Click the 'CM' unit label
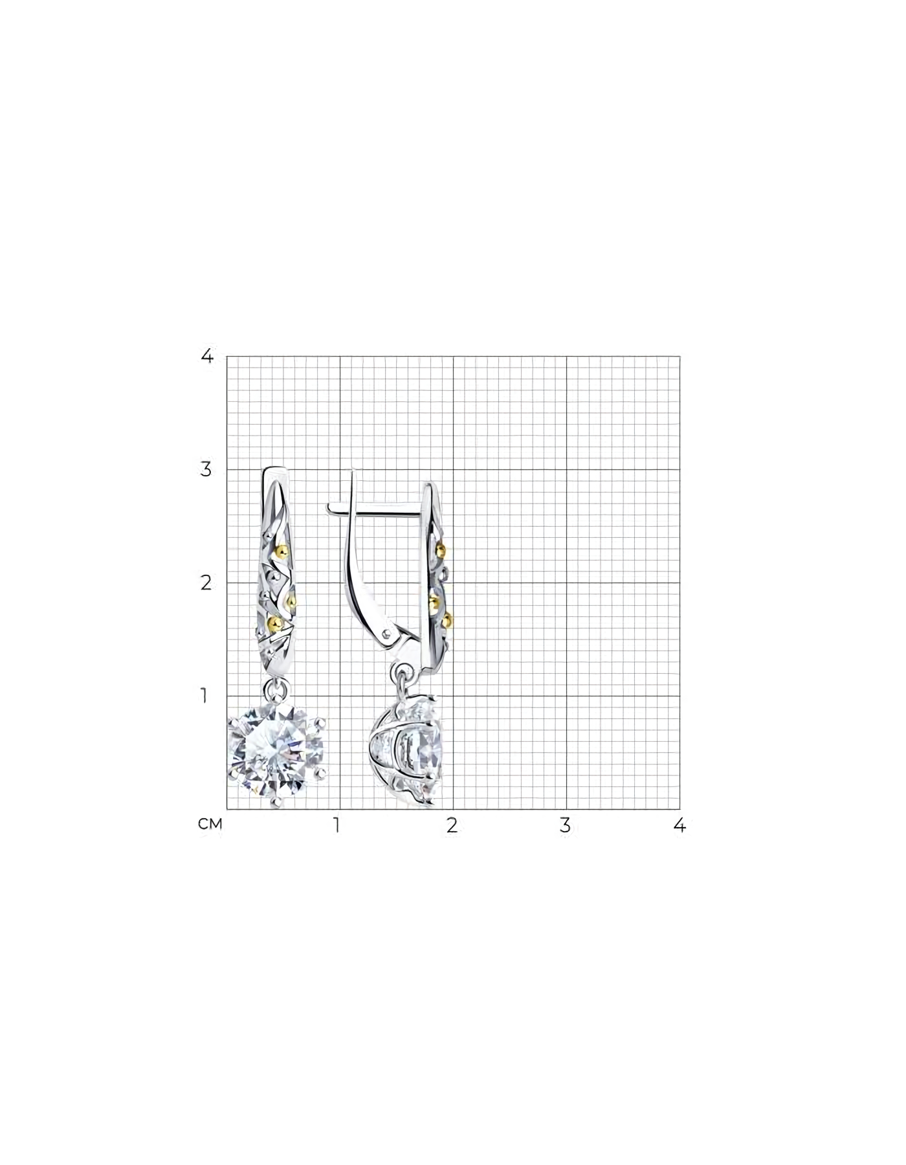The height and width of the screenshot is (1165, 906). click(210, 825)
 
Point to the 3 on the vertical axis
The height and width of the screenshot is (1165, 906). click(206, 469)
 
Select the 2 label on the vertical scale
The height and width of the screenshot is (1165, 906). click(206, 582)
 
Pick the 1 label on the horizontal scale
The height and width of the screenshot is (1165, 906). click(337, 825)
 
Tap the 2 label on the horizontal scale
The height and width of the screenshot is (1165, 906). click(452, 825)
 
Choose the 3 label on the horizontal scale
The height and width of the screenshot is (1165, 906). click(566, 825)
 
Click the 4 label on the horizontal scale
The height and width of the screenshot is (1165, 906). click(679, 825)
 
